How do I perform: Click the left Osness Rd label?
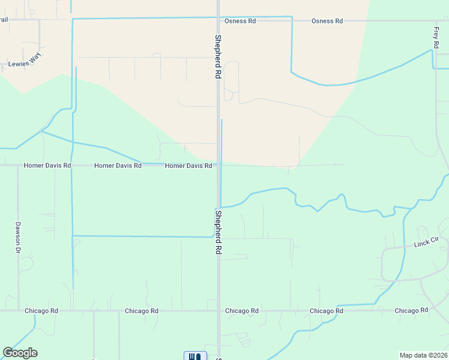[240, 21]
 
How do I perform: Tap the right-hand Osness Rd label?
[327, 21]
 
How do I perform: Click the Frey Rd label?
[436, 37]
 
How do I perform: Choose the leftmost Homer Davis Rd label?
[47, 165]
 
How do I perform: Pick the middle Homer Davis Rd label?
[118, 165]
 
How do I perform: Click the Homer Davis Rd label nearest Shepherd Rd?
[188, 165]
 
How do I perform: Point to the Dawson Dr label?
[18, 237]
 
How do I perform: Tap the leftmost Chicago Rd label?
[41, 311]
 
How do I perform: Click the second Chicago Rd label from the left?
[142, 311]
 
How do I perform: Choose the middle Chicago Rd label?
[241, 311]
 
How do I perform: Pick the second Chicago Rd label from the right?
[327, 311]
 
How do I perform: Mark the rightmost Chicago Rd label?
[411, 311]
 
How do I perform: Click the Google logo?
[20, 353]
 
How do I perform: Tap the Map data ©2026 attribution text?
[423, 355]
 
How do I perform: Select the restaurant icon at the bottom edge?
[195, 356]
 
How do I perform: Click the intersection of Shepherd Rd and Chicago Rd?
[218, 311]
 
